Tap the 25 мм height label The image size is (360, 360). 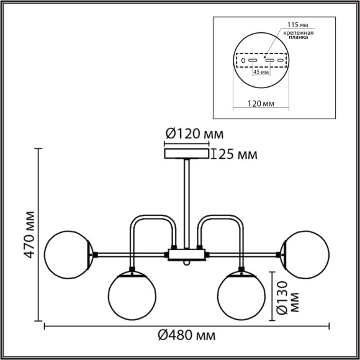(236, 155)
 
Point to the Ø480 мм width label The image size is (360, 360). (186, 336)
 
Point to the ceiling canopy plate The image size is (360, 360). (186, 153)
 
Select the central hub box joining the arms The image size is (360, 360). (186, 253)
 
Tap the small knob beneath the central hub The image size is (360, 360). (186, 263)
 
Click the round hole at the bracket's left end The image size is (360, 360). (243, 61)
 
